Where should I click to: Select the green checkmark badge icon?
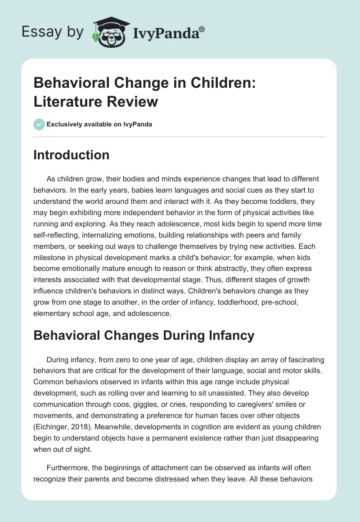(x=39, y=124)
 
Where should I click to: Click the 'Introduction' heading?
(x=71, y=155)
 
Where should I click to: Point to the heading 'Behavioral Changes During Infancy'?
(x=144, y=335)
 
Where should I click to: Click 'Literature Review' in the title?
(x=95, y=101)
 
